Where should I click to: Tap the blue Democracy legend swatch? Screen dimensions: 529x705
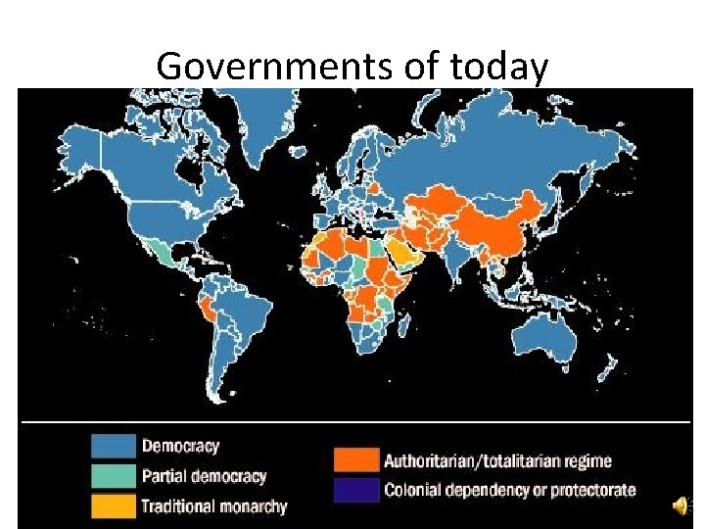click(113, 446)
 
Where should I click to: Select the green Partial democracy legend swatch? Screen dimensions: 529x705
click(113, 476)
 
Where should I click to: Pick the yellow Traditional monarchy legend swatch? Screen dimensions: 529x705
click(113, 505)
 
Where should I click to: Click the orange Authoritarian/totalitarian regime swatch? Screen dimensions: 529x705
click(356, 460)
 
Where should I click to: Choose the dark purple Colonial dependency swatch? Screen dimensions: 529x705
click(356, 490)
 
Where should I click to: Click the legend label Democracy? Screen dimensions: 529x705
click(180, 447)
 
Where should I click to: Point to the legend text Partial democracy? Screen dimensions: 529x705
click(204, 477)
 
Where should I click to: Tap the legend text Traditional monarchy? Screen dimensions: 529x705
click(214, 506)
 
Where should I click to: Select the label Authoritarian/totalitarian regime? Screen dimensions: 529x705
click(497, 460)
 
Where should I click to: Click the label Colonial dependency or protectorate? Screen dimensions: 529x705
click(509, 490)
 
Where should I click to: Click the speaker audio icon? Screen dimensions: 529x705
click(679, 505)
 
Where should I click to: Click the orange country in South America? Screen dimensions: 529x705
click(209, 310)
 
